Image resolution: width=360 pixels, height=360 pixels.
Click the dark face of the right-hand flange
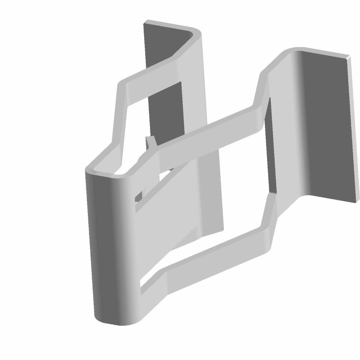(324, 126)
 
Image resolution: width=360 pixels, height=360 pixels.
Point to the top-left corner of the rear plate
(145, 24)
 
